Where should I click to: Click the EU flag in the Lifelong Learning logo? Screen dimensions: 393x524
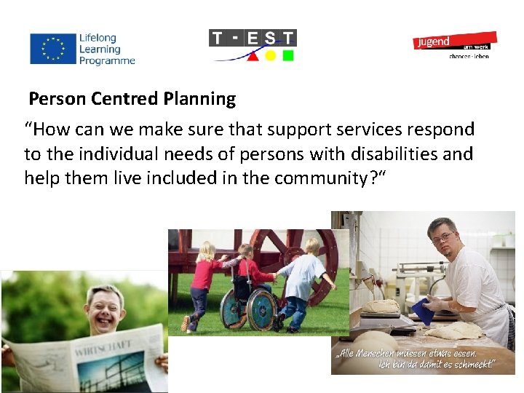coord(52,49)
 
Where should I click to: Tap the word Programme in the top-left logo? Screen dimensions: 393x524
coord(108,61)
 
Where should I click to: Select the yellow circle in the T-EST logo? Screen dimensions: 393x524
coord(270,55)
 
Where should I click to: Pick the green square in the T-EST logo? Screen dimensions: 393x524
coord(288,55)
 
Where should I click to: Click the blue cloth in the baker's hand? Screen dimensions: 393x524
coord(421,310)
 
